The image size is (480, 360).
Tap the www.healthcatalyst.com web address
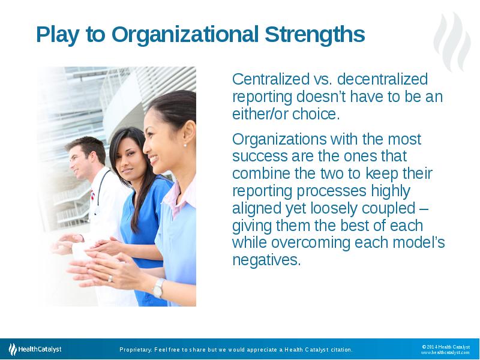tap(445, 353)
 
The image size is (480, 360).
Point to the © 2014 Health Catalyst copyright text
tap(446, 346)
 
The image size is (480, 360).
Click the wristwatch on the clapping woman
tap(158, 289)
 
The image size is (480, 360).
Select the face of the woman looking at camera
tap(127, 158)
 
